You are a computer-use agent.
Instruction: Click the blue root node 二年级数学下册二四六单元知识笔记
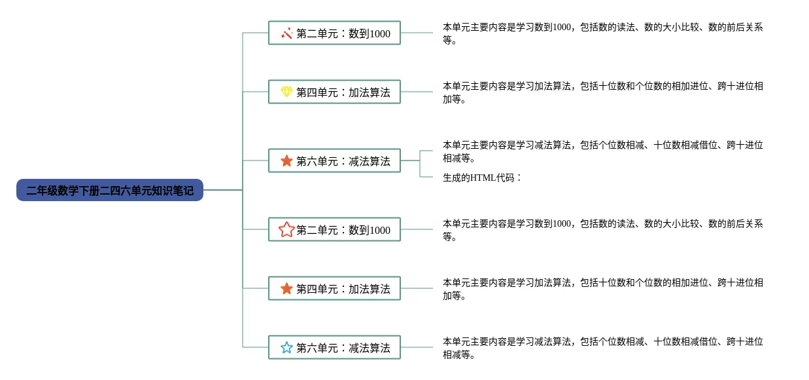pyautogui.click(x=110, y=190)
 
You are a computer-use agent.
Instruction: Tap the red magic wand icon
pyautogui.click(x=286, y=33)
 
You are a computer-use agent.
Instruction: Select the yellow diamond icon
pyautogui.click(x=286, y=92)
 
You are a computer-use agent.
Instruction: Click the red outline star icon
pyautogui.click(x=286, y=229)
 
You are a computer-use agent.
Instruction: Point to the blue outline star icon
pyautogui.click(x=286, y=347)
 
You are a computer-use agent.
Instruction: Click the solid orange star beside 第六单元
pyautogui.click(x=286, y=161)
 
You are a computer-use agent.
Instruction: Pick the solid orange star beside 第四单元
pyautogui.click(x=286, y=288)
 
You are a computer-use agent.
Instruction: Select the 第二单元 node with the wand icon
pyautogui.click(x=334, y=33)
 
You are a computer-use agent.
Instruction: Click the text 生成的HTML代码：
pyautogui.click(x=482, y=177)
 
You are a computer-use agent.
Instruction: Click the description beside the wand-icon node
pyautogui.click(x=602, y=33)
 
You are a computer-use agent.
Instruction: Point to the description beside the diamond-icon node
pyautogui.click(x=602, y=92)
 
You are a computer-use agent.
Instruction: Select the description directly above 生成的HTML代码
pyautogui.click(x=602, y=151)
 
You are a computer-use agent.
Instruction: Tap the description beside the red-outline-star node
pyautogui.click(x=602, y=230)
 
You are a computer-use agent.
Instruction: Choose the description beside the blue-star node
pyautogui.click(x=602, y=348)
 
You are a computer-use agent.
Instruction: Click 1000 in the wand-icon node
pyautogui.click(x=380, y=33)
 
